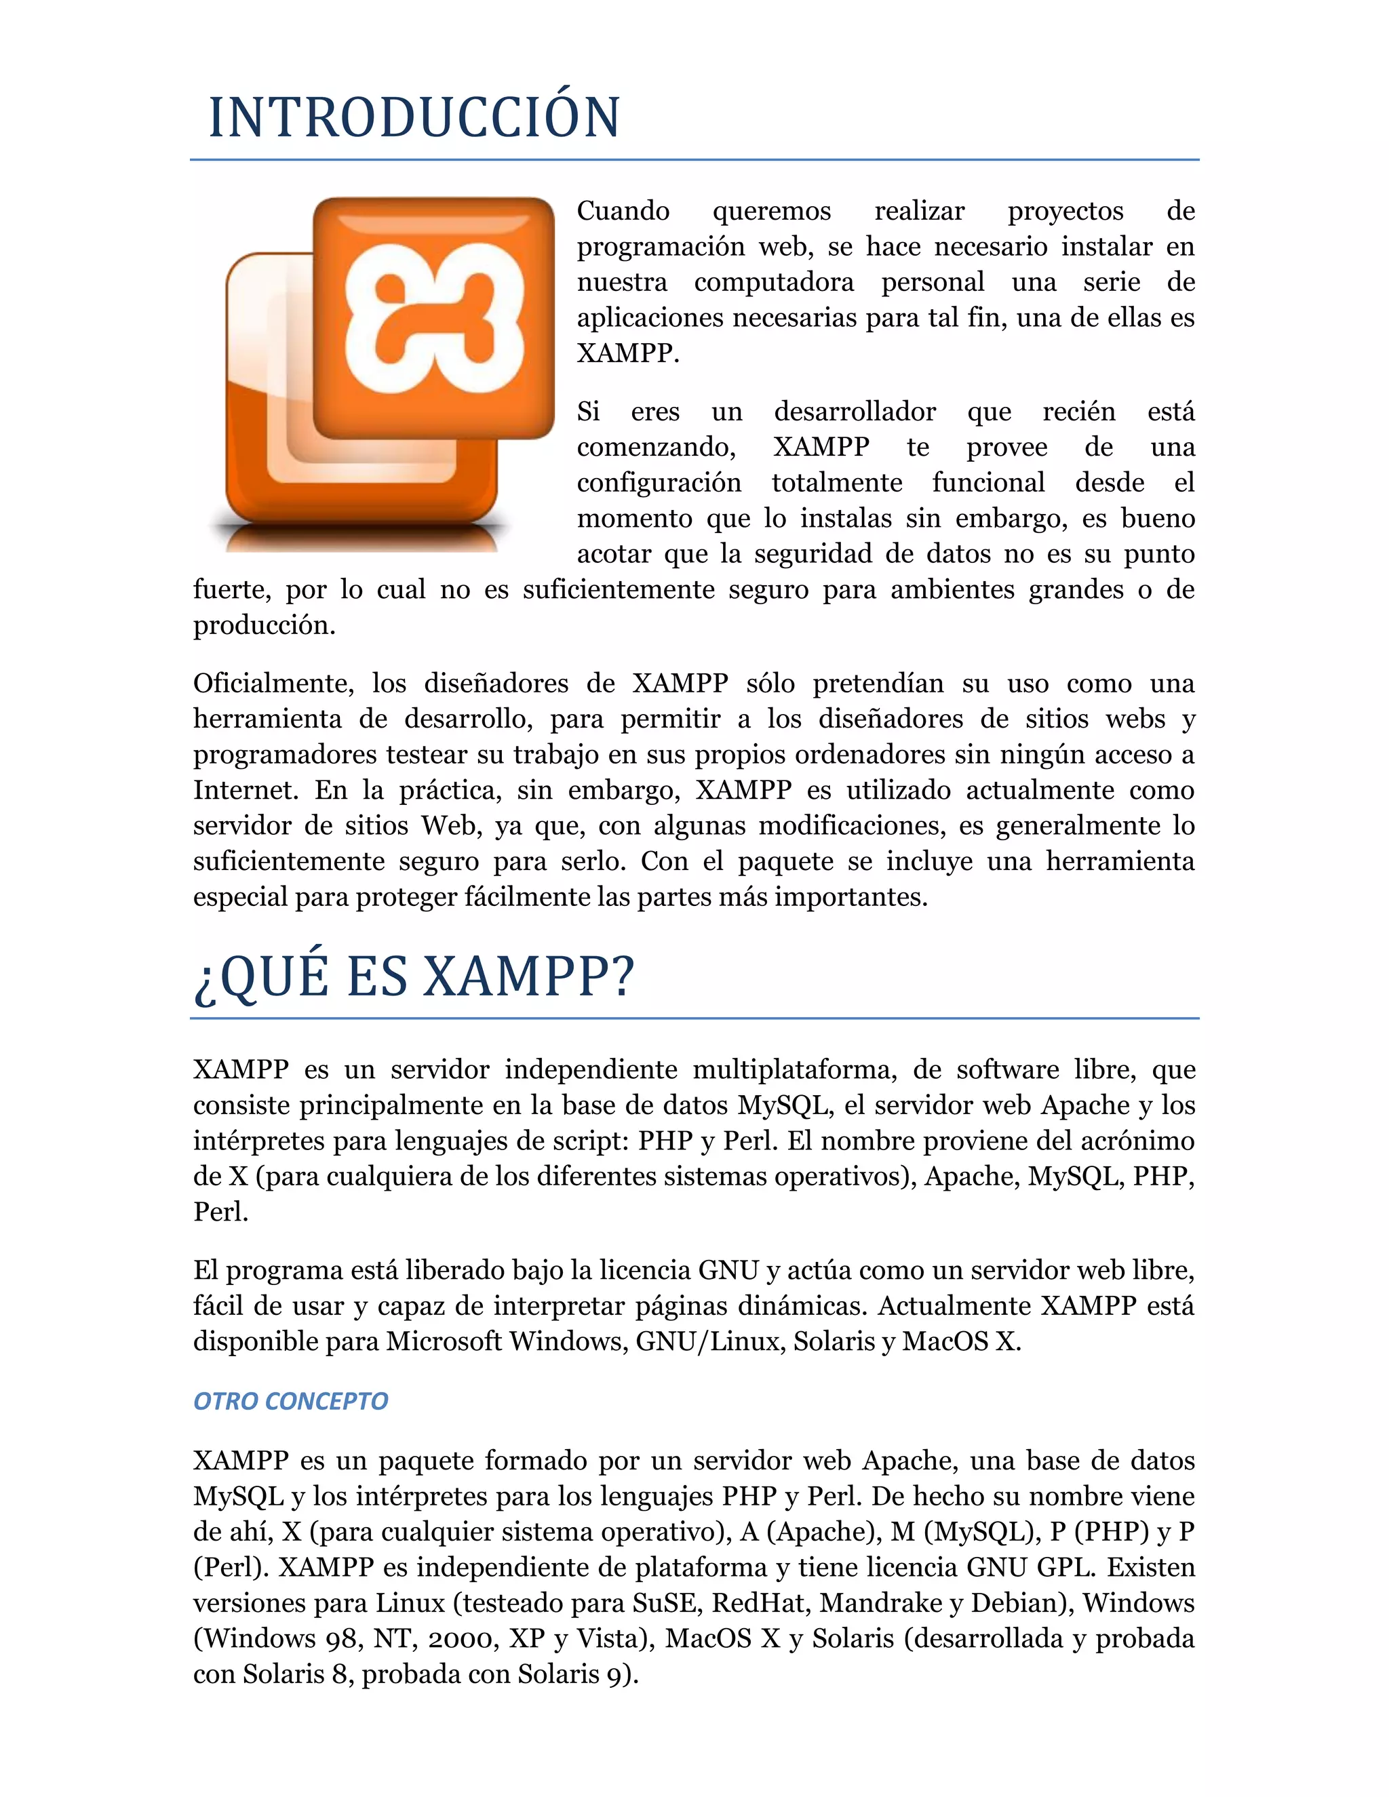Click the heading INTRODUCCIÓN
pyautogui.click(x=414, y=118)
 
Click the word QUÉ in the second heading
pyautogui.click(x=274, y=976)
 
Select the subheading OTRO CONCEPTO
pyautogui.click(x=290, y=1400)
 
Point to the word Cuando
pyautogui.click(x=623, y=212)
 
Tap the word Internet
pyautogui.click(x=246, y=791)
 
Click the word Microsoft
pyautogui.click(x=444, y=1341)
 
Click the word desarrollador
pyautogui.click(x=855, y=412)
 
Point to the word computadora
pyautogui.click(x=773, y=282)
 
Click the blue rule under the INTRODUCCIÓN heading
pyautogui.click(x=694, y=159)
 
